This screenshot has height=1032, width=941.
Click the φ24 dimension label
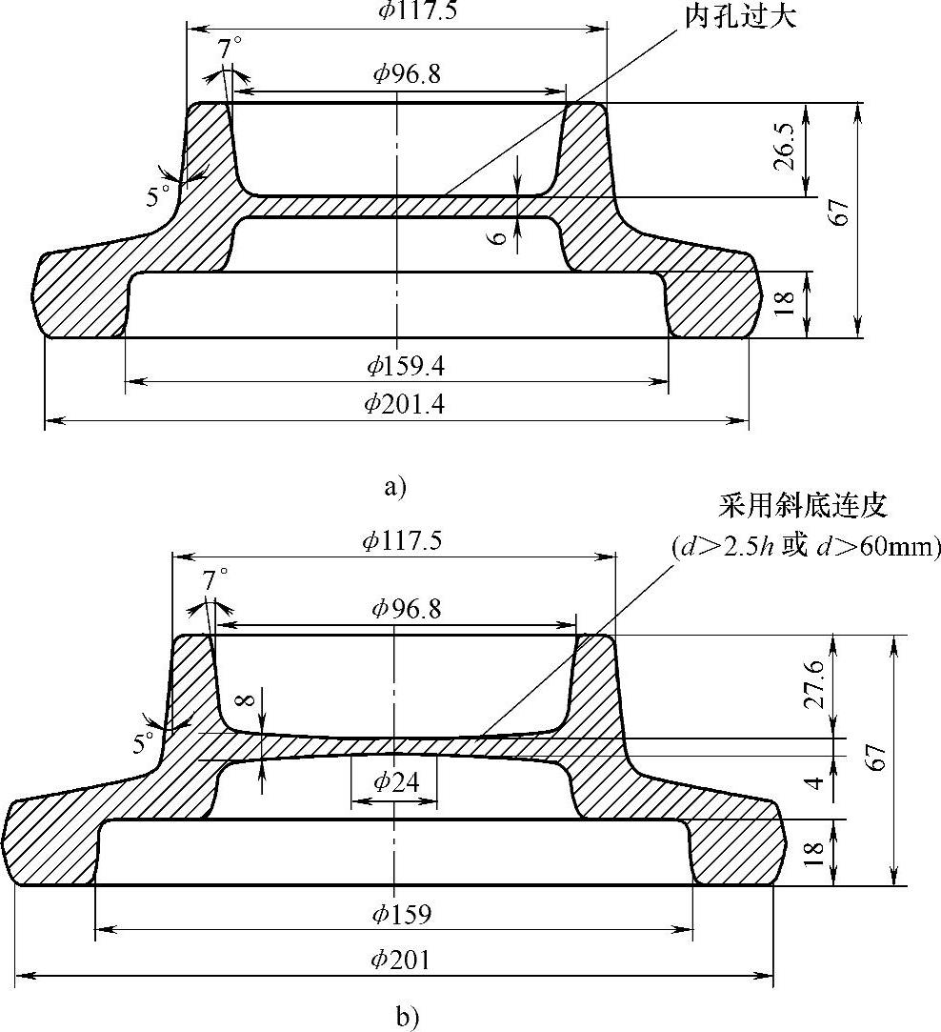(x=393, y=782)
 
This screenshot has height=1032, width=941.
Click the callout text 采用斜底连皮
(x=804, y=504)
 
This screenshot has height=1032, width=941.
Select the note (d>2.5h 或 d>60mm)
(x=806, y=547)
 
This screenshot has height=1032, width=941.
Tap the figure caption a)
(x=394, y=488)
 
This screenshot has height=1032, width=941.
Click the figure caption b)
(x=396, y=1017)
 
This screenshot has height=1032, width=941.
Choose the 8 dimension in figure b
(x=246, y=702)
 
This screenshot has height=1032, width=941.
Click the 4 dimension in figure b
(x=812, y=783)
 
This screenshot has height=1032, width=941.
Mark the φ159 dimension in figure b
(x=401, y=914)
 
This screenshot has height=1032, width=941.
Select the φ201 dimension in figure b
(x=401, y=960)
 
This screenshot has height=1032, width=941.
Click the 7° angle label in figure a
(x=230, y=50)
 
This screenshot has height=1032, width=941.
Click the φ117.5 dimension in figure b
(x=401, y=541)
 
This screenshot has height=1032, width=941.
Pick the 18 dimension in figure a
(x=785, y=304)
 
